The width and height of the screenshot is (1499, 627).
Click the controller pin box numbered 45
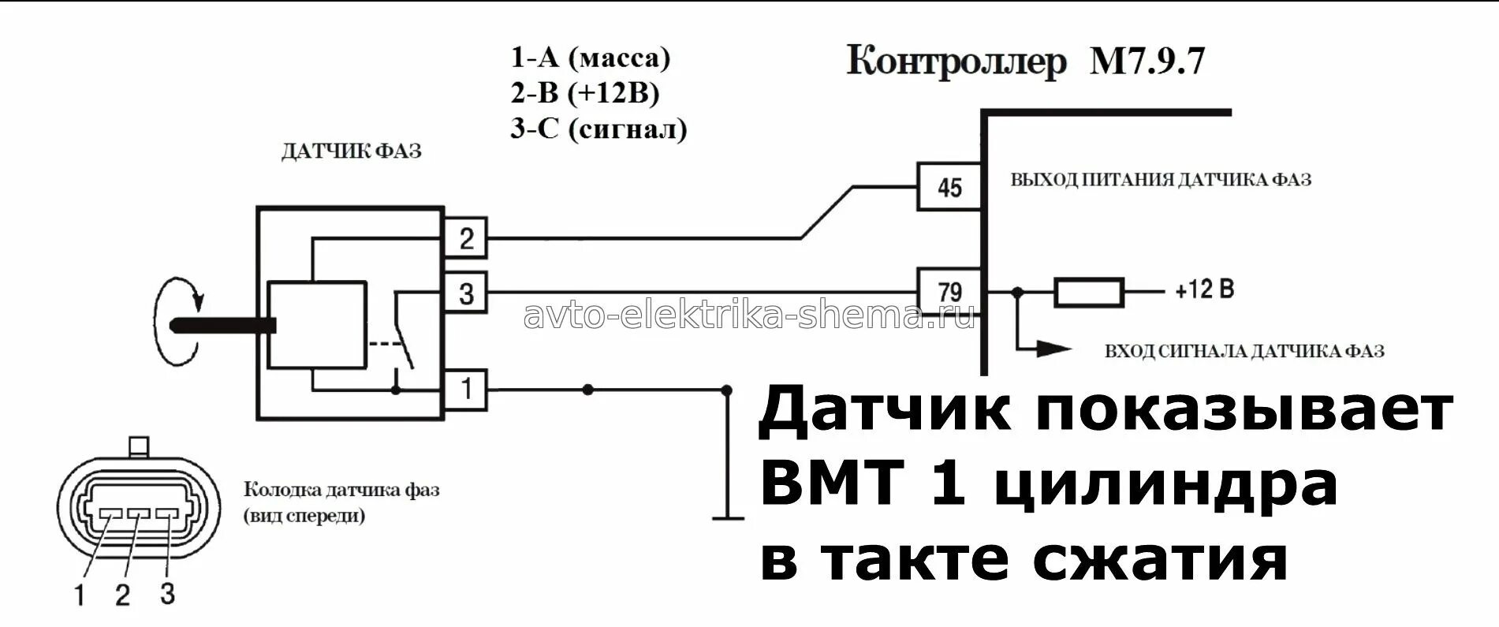[949, 187]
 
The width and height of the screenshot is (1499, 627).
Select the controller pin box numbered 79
[949, 292]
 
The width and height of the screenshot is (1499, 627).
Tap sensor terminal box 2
[465, 237]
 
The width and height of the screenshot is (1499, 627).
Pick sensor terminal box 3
[465, 293]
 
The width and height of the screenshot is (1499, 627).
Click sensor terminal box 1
[465, 389]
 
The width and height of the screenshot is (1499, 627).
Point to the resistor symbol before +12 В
[1089, 293]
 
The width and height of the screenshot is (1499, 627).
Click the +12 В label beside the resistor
[1204, 290]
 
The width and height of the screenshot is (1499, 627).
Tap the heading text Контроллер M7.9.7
[1026, 62]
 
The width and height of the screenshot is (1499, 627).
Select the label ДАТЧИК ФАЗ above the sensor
[351, 151]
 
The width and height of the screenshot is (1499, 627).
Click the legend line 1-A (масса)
[590, 58]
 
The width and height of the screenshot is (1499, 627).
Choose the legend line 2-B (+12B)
[584, 93]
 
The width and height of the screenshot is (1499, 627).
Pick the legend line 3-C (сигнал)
[598, 129]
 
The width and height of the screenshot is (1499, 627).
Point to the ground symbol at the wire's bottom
[727, 518]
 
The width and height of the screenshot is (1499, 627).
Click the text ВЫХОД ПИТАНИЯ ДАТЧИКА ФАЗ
[1161, 181]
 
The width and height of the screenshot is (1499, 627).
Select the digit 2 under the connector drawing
[122, 595]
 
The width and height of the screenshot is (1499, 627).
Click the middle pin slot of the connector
[139, 514]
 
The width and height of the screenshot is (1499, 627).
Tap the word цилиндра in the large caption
[1165, 484]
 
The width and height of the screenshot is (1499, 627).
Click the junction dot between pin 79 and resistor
[1017, 293]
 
